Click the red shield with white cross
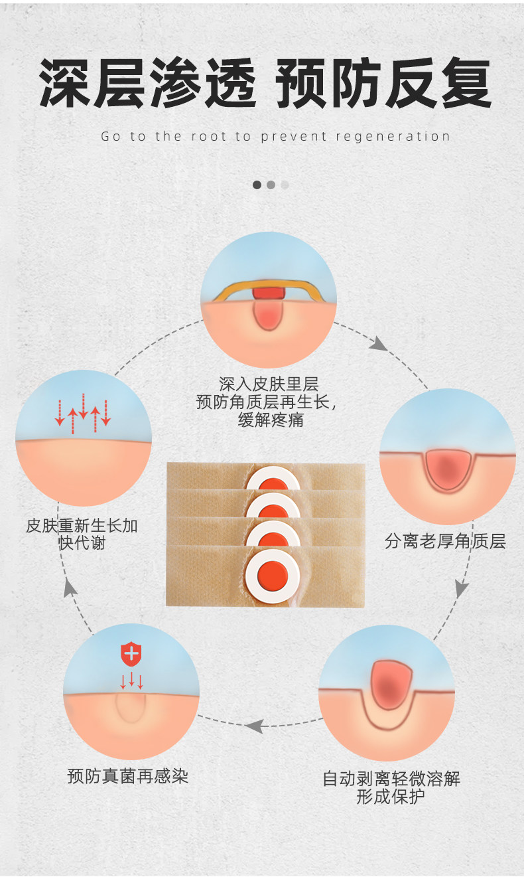(131, 654)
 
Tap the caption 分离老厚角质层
(445, 541)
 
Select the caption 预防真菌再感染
(128, 775)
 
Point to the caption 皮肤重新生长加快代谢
(82, 534)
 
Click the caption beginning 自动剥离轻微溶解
(391, 787)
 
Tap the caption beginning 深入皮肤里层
(269, 402)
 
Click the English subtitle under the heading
(275, 137)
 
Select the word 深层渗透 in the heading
(147, 84)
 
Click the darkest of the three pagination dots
(257, 185)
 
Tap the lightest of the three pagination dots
(285, 185)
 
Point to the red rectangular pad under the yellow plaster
(269, 293)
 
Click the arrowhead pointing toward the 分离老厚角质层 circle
(379, 344)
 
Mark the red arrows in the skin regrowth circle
(83, 413)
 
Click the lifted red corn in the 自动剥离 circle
(391, 684)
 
